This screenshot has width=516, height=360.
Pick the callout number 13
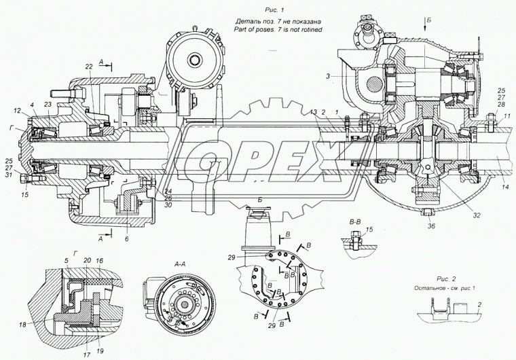tap(313, 111)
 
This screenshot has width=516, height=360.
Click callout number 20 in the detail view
tap(87, 260)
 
